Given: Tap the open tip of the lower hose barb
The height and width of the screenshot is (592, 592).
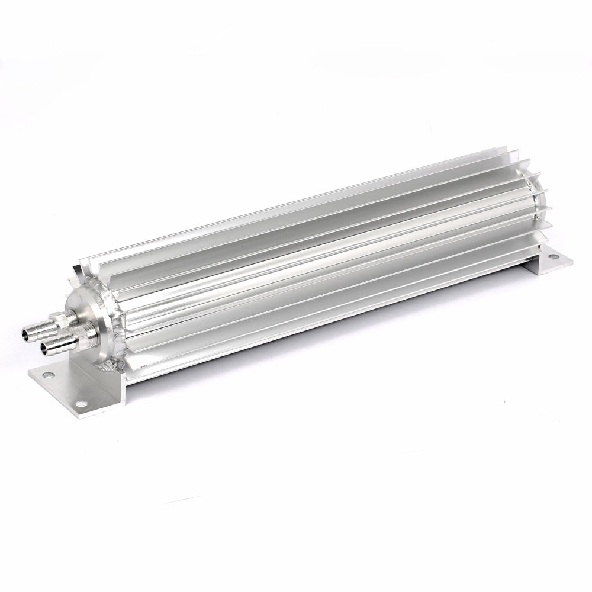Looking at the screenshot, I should click(44, 349).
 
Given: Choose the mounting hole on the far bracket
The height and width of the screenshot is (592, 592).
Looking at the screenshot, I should click(552, 257).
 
